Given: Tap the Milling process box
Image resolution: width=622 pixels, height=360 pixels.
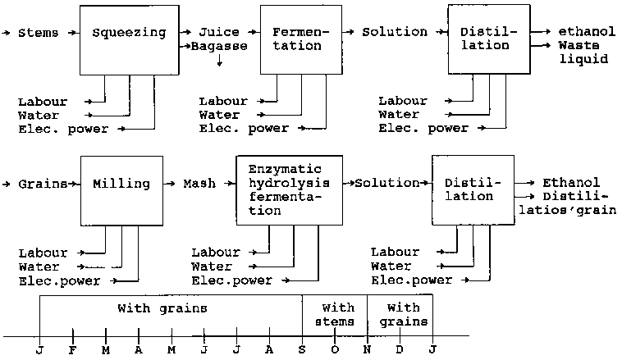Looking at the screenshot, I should tap(121, 190).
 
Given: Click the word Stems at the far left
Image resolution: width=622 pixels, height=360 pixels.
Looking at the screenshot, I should tap(38, 33).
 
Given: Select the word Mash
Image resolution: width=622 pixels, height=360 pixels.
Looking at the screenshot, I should tap(199, 184).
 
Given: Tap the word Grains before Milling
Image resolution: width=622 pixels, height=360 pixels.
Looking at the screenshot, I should tap(43, 184).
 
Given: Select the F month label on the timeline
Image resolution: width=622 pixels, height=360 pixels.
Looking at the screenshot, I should tap(73, 349).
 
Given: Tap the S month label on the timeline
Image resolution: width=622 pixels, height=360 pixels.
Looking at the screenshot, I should tap(302, 349).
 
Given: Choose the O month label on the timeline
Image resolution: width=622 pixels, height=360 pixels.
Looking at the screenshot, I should tap(335, 349).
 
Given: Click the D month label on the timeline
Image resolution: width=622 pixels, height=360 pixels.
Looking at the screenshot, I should tap(400, 349).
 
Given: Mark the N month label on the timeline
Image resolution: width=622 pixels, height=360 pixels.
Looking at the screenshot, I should tap(367, 349).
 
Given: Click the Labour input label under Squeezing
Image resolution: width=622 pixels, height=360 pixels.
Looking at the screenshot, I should tap(39, 102).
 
